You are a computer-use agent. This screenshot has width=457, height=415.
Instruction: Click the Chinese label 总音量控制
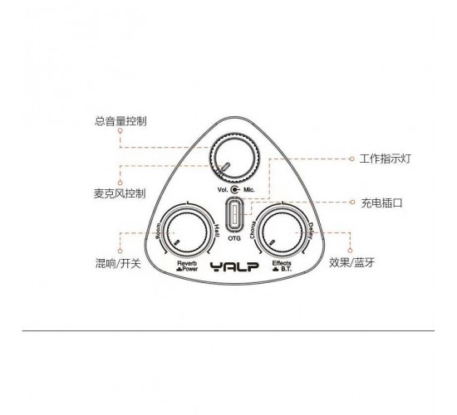tap(120, 121)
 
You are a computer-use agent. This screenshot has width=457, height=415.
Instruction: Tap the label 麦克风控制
tap(120, 193)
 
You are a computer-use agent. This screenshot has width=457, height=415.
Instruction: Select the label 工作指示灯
tap(385, 159)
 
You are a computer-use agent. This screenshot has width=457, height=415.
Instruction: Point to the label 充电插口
tap(382, 203)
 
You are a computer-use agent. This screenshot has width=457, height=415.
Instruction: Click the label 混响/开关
tap(118, 263)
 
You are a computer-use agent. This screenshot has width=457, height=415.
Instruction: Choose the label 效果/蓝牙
tap(351, 262)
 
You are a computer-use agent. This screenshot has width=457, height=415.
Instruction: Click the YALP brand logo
tap(234, 266)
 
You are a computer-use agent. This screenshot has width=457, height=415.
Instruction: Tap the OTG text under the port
tap(234, 238)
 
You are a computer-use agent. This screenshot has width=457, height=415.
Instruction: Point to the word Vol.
tap(223, 190)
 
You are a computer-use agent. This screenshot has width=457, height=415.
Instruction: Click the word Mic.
tap(249, 190)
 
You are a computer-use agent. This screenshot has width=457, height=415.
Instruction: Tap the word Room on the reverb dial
tap(159, 231)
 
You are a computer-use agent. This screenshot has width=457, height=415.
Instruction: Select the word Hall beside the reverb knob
tap(218, 230)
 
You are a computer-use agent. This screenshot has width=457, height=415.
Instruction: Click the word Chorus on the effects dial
tap(253, 230)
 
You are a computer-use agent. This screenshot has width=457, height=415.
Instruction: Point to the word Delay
tap(311, 231)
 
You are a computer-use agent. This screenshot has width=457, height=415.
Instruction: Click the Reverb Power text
tap(187, 266)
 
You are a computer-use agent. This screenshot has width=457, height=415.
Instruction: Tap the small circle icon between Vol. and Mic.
tap(235, 190)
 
